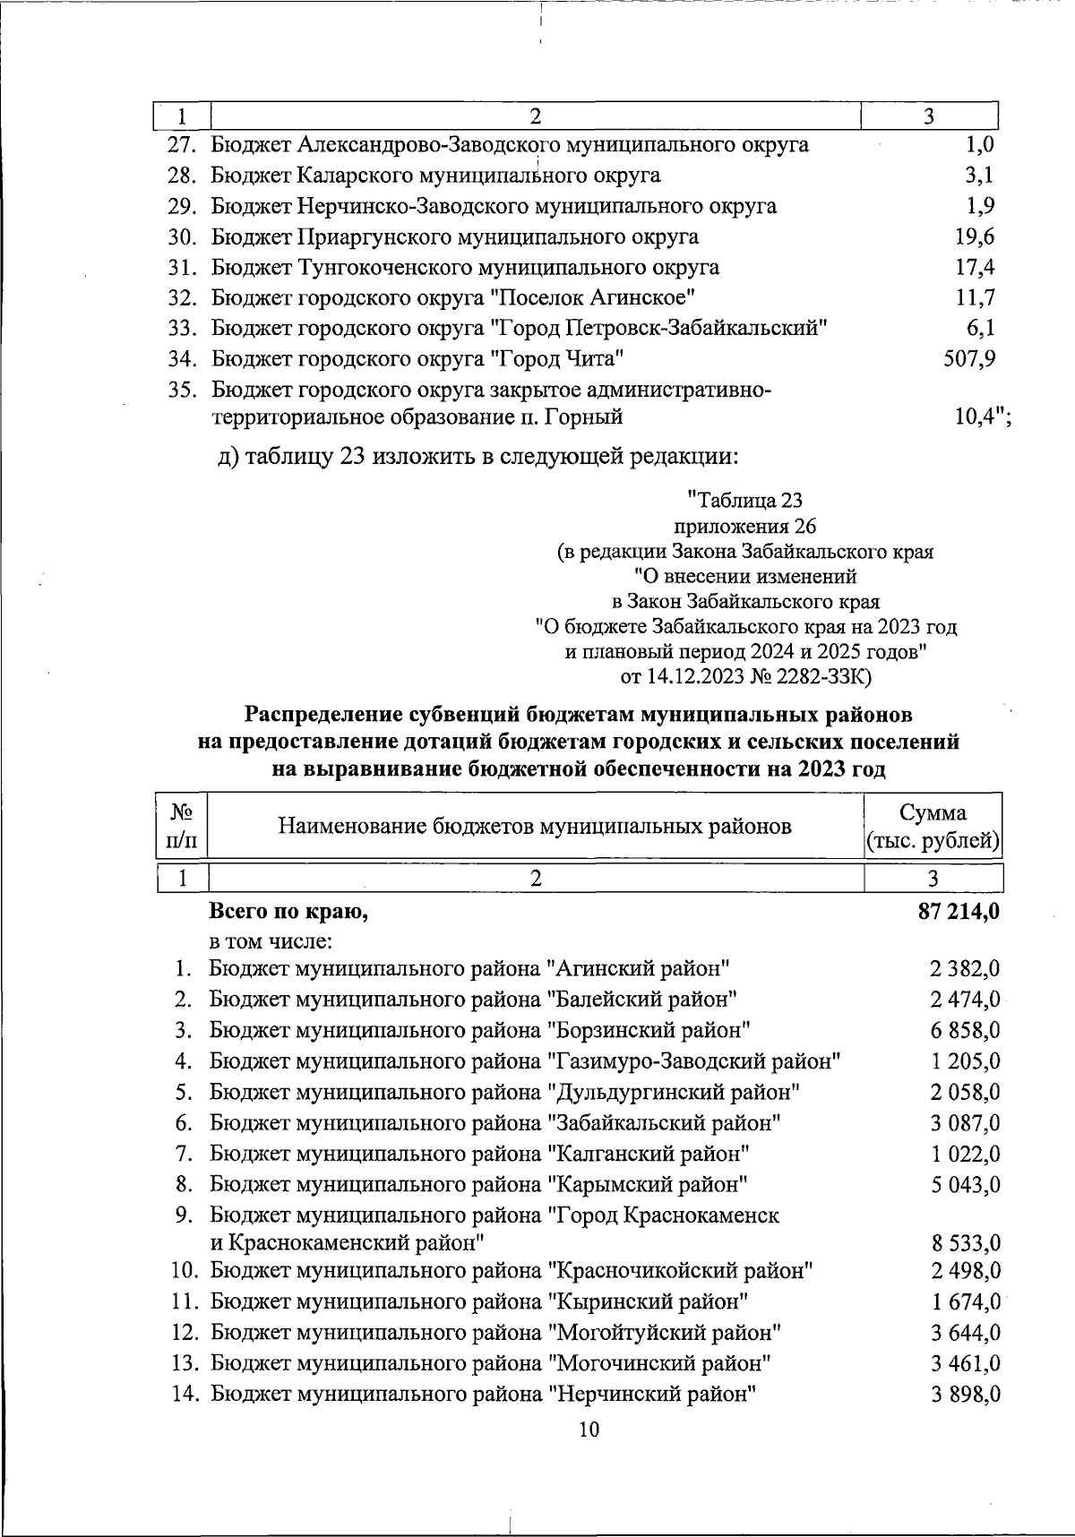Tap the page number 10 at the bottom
tap(589, 1430)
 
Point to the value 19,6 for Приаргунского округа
tap(975, 236)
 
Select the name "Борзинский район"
tap(649, 1030)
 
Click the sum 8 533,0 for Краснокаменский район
tap(965, 1243)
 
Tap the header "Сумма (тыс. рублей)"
tap(933, 826)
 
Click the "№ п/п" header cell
tap(182, 826)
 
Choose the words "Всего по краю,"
tap(288, 912)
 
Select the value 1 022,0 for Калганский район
tap(965, 1154)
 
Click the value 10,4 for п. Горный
tap(974, 416)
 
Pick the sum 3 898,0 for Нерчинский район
tap(965, 1395)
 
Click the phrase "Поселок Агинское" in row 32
tap(596, 297)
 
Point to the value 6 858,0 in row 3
tap(965, 1030)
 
